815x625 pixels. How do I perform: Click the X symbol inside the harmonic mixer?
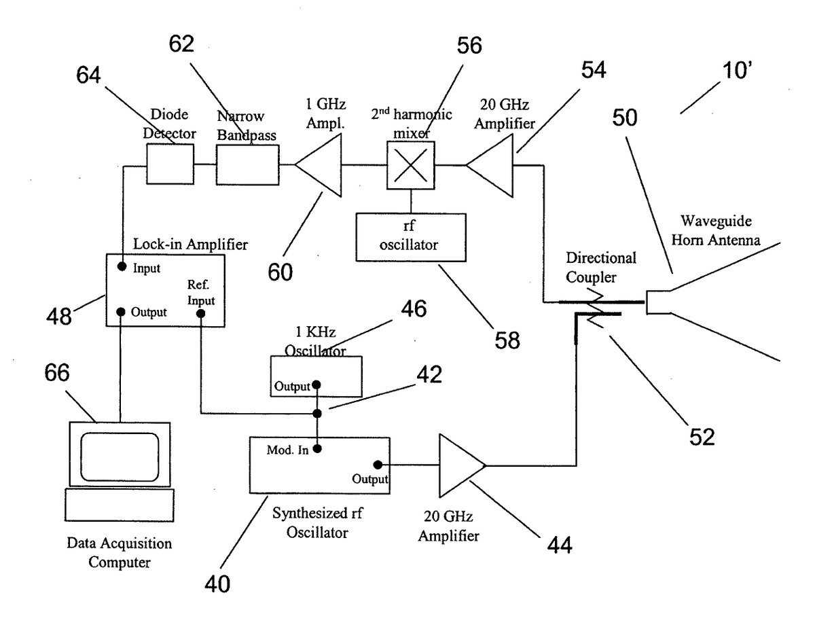(411, 165)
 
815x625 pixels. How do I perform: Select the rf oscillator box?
(411, 237)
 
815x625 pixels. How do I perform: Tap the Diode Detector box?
(170, 164)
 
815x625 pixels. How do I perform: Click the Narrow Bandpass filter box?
(247, 164)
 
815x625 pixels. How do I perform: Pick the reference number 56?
(469, 46)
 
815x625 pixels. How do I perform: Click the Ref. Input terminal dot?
(201, 313)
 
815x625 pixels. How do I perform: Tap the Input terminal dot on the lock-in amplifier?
(122, 266)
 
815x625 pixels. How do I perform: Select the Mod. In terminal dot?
(317, 448)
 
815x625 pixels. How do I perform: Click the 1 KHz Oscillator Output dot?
(316, 385)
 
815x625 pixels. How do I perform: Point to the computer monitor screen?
(120, 457)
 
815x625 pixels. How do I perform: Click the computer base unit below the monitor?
(120, 505)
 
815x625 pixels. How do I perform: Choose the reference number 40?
(217, 584)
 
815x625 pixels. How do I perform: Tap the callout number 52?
(702, 437)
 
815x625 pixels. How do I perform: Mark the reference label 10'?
(737, 70)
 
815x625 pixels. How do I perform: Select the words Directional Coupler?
(601, 268)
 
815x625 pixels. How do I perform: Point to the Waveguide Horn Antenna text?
(716, 230)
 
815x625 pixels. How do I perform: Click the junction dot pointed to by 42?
(317, 414)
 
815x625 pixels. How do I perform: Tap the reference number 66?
(57, 372)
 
